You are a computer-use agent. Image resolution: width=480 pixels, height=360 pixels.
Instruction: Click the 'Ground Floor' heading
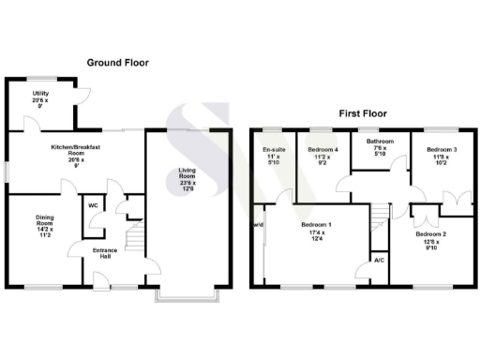tap(118, 63)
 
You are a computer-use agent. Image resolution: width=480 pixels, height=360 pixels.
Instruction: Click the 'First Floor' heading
tap(361, 112)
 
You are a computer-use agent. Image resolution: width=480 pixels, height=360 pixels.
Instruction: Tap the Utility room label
tap(39, 94)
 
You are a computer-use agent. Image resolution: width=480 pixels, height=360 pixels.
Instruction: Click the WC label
tap(94, 206)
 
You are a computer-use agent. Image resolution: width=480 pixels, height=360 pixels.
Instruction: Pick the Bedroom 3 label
tap(442, 150)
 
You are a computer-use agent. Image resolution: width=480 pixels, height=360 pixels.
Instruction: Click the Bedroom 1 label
tap(316, 225)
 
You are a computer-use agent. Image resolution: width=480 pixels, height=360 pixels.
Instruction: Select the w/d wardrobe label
tap(258, 225)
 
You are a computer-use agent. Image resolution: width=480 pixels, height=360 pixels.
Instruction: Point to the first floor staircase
tap(379, 221)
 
